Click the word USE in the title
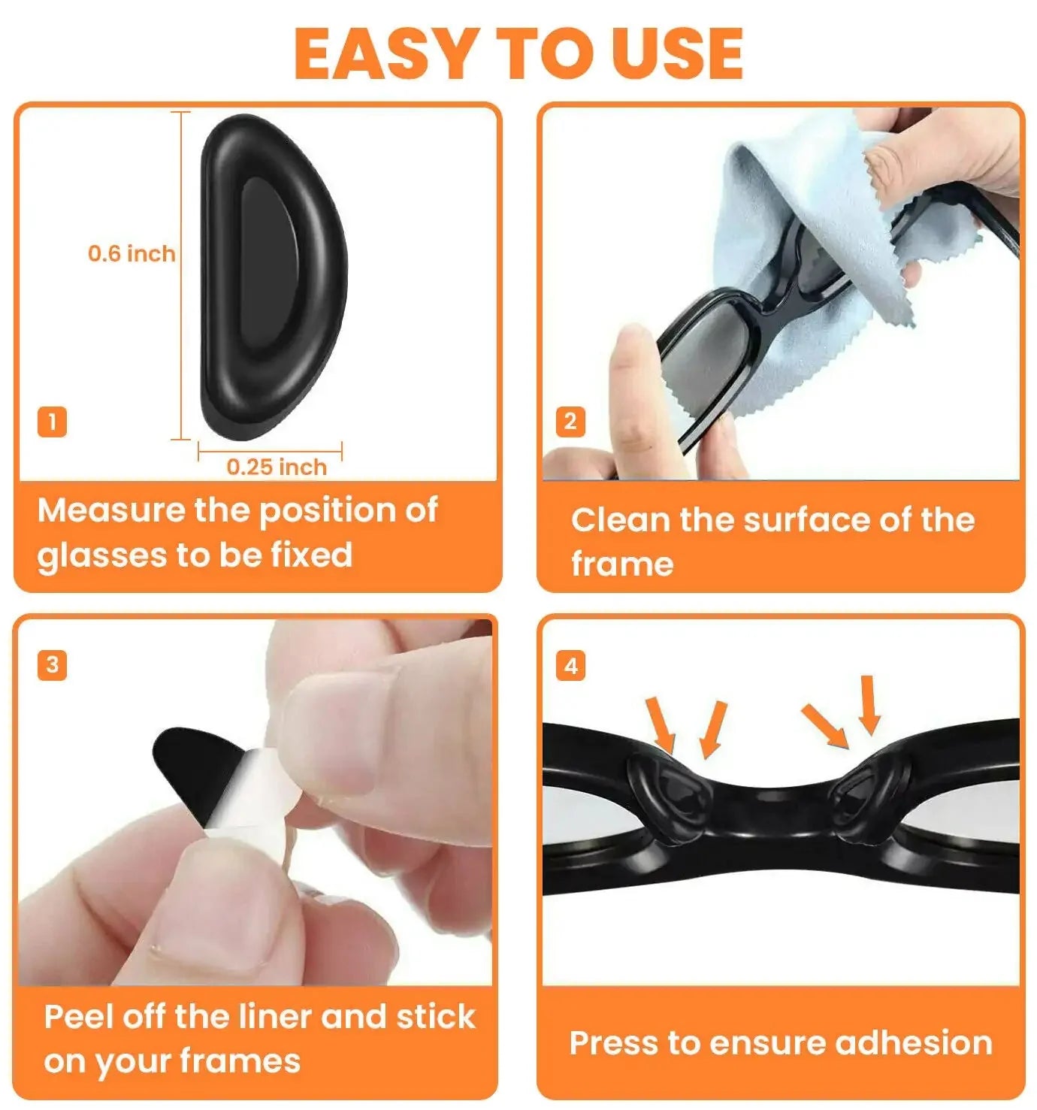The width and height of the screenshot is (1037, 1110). [x=677, y=53]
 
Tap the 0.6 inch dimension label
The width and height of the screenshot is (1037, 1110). [x=132, y=253]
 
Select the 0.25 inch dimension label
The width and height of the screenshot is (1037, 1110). [x=277, y=467]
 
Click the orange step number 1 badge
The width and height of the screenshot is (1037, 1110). [x=52, y=422]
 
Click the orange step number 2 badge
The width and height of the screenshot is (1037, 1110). [x=570, y=422]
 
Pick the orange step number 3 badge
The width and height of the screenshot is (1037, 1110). [x=52, y=665]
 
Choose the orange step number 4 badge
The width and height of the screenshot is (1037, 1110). [x=570, y=666]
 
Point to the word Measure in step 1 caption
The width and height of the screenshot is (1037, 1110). [x=110, y=510]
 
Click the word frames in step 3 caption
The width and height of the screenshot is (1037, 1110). [x=240, y=1061]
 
